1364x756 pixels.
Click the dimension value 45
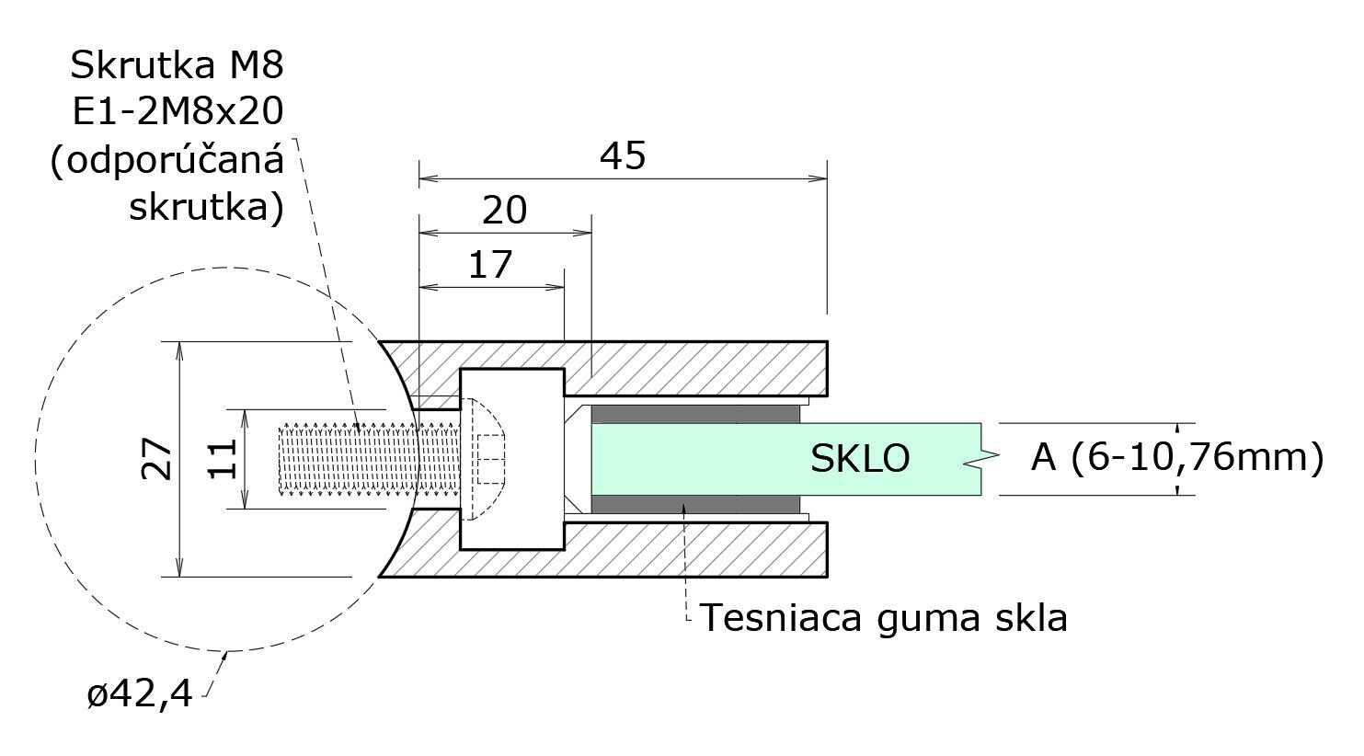point(623,155)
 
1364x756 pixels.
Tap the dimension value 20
point(504,211)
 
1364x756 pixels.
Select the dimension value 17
point(490,265)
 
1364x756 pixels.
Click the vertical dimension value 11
point(223,459)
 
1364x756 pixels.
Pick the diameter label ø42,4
point(140,693)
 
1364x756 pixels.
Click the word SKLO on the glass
point(860,459)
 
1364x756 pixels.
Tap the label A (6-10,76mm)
point(1177,458)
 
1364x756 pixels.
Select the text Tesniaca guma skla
point(884,618)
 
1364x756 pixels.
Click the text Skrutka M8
point(178,65)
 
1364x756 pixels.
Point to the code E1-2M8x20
point(178,112)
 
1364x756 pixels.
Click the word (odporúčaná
point(167,162)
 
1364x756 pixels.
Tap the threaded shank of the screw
point(370,459)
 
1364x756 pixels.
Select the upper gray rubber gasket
point(694,414)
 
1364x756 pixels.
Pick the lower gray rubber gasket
point(694,504)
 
